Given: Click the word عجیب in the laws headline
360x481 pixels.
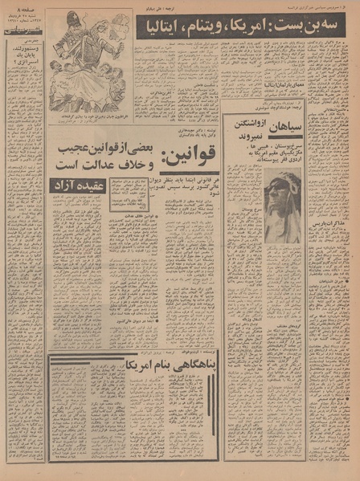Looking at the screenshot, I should point(66,149).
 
